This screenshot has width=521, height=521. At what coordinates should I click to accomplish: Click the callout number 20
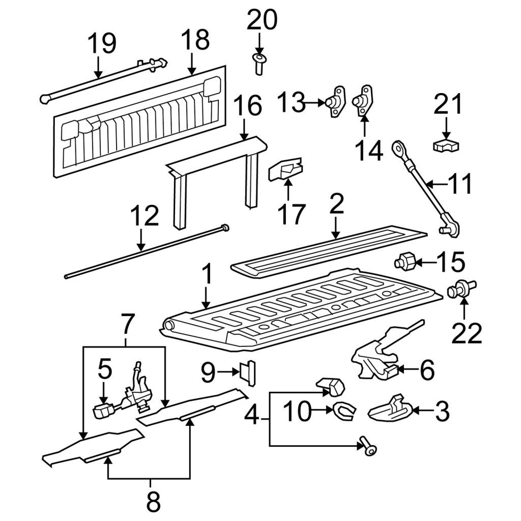point(262,20)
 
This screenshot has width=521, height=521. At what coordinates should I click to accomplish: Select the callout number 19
point(102,43)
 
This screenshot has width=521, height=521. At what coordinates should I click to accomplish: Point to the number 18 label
point(195,40)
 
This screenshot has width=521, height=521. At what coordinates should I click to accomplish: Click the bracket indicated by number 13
point(335,101)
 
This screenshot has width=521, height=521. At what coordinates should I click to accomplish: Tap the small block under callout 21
point(446,147)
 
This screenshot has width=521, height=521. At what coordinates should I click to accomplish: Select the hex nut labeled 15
point(404,262)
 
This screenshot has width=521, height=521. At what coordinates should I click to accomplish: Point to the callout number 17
point(292,214)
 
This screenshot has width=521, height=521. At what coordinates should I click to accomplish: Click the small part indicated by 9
point(248,373)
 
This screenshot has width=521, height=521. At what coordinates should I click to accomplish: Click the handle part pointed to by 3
point(390,409)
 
